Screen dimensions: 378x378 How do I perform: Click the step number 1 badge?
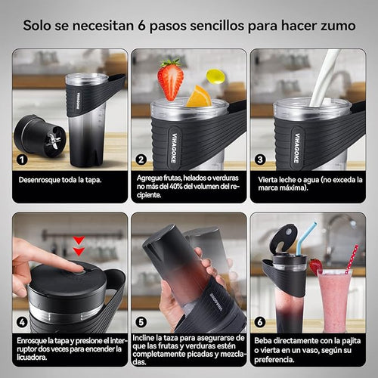point(23,160)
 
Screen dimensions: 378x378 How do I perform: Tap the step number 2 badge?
point(141,160)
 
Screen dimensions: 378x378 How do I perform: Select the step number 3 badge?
point(259,160)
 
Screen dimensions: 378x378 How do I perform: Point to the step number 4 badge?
point(23,321)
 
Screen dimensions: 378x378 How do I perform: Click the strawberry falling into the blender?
point(170,79)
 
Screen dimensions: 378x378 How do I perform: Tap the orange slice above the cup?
point(199,97)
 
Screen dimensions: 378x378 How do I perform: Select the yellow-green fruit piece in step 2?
point(215,76)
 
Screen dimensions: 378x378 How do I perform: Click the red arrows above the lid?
point(78,246)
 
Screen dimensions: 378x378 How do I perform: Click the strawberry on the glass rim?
point(315,266)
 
